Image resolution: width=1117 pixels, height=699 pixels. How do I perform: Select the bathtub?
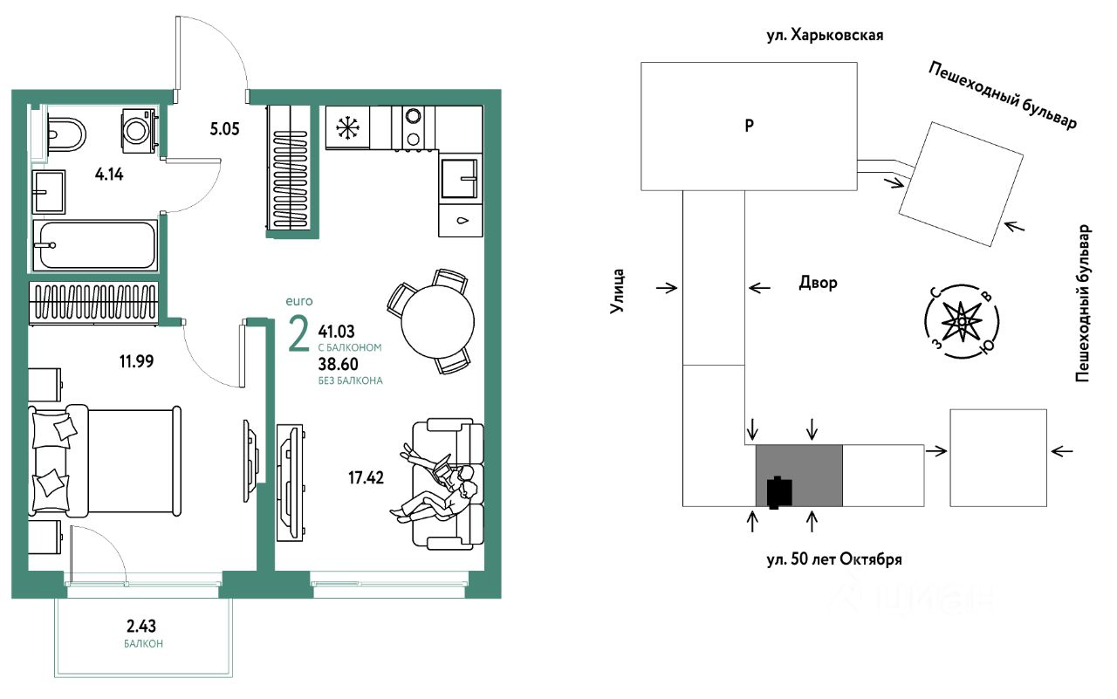pyautogui.click(x=95, y=246)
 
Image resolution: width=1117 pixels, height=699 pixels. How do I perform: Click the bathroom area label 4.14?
pyautogui.click(x=108, y=174)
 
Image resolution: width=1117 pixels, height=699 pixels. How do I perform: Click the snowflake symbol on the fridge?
pyautogui.click(x=348, y=129)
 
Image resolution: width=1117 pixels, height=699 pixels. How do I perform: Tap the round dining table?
pyautogui.click(x=436, y=319)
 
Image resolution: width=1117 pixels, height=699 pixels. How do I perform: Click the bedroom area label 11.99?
pyautogui.click(x=134, y=360)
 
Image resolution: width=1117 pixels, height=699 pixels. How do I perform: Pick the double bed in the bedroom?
pyautogui.click(x=105, y=459)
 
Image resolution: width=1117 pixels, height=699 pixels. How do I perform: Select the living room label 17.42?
pyautogui.click(x=365, y=477)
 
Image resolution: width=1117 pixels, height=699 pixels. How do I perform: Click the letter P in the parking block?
pyautogui.click(x=749, y=126)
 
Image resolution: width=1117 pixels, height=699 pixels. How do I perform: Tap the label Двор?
pyautogui.click(x=818, y=283)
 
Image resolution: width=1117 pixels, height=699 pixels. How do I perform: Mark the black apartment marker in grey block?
pyautogui.click(x=778, y=492)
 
